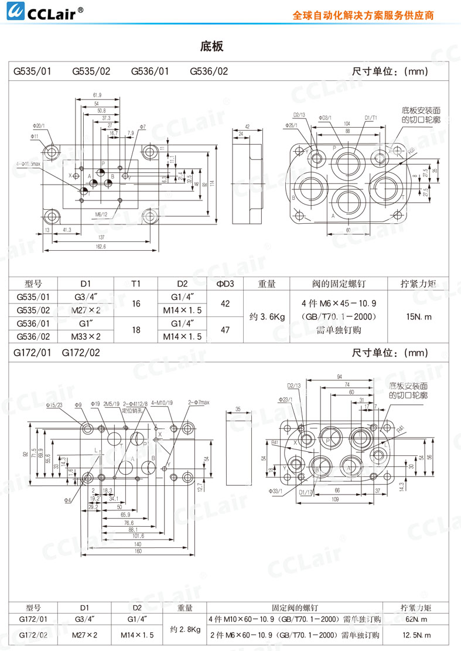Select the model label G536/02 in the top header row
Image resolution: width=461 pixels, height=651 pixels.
pyautogui.click(x=209, y=71)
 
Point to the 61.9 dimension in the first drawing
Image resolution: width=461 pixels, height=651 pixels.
pyautogui.click(x=97, y=95)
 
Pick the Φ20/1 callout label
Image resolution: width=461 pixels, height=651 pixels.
pyautogui.click(x=39, y=125)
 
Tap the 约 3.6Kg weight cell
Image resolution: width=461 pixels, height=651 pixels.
pyautogui.click(x=267, y=316)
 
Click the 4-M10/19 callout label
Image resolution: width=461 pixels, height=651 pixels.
pyautogui.click(x=162, y=403)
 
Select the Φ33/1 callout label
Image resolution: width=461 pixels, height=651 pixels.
pyautogui.click(x=275, y=490)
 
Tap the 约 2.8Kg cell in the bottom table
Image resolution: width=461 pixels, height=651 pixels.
pyautogui.click(x=185, y=629)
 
